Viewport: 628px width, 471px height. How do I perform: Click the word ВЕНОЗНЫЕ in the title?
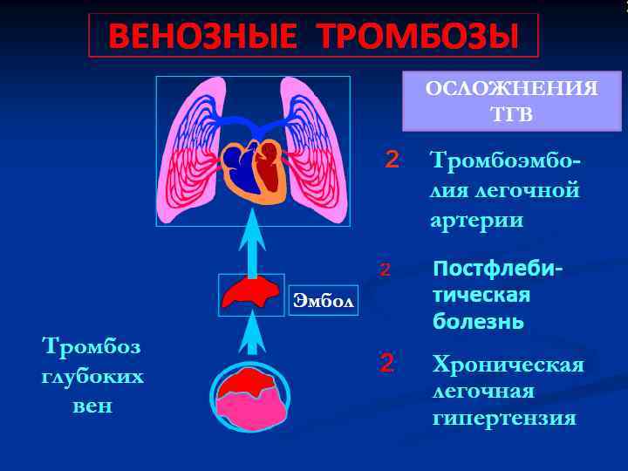[205, 37]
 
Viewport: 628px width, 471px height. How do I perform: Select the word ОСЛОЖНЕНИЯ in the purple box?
[511, 90]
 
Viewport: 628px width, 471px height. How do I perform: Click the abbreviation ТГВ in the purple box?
[512, 114]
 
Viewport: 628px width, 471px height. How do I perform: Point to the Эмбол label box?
[324, 301]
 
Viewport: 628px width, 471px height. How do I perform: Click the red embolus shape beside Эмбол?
[250, 293]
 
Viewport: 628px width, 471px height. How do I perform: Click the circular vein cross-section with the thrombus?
[251, 397]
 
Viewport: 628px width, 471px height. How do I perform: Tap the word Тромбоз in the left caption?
[92, 347]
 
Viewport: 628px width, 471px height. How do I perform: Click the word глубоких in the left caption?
[92, 377]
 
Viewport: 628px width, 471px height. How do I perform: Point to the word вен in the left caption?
[92, 406]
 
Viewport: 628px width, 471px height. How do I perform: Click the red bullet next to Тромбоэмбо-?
[392, 160]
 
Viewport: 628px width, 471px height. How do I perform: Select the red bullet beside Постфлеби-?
[385, 270]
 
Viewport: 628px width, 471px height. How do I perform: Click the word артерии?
[476, 219]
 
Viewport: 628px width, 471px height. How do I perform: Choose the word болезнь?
[478, 322]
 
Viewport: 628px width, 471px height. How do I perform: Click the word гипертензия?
[504, 419]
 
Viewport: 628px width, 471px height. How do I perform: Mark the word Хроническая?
[508, 364]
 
